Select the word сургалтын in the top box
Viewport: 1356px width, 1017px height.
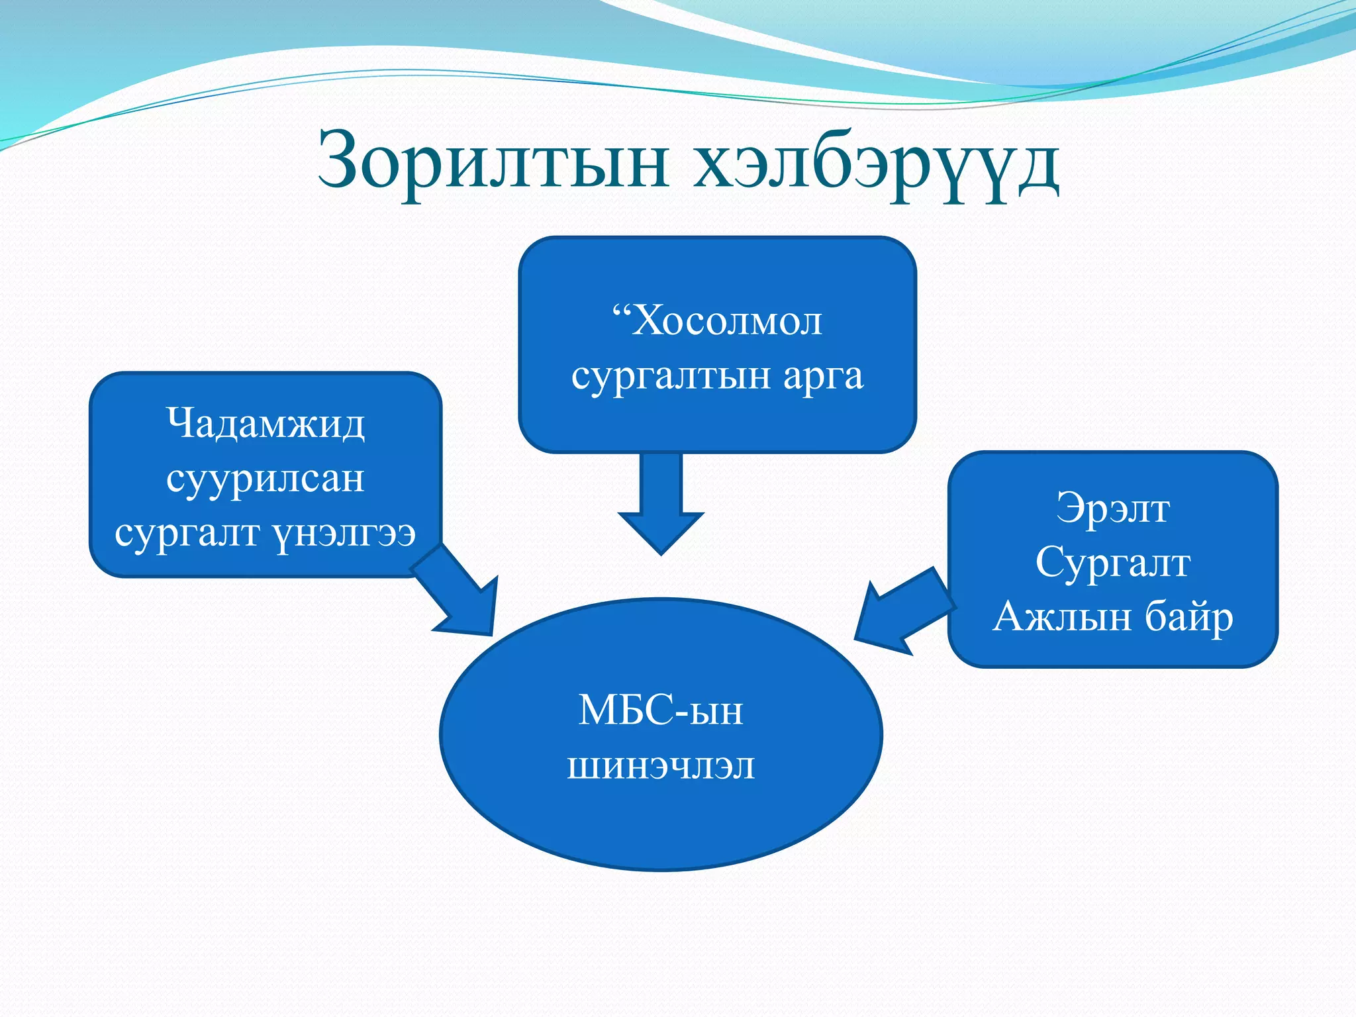[x=671, y=377]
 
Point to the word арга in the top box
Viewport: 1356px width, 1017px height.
[x=824, y=377]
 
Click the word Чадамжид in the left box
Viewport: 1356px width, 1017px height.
[x=265, y=424]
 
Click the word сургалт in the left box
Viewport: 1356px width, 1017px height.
[x=187, y=534]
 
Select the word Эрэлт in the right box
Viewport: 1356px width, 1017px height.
[x=1112, y=508]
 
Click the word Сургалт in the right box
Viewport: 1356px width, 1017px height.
[x=1112, y=563]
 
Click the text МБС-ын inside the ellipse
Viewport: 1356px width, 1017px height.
[x=661, y=711]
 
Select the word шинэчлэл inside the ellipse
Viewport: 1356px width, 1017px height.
[x=661, y=767]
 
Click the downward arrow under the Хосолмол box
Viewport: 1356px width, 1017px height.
[x=661, y=503]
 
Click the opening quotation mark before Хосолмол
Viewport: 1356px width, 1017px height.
[x=620, y=310]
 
